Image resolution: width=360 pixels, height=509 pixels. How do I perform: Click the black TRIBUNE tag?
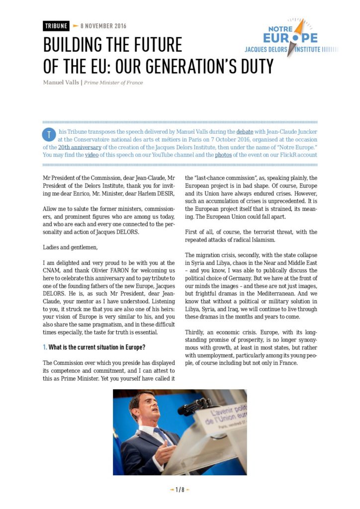coord(56,26)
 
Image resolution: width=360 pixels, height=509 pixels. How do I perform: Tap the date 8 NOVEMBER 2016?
coord(103,26)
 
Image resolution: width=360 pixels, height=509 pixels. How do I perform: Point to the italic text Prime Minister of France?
coord(113,83)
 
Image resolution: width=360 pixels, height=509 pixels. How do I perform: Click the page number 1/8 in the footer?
coord(180,490)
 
